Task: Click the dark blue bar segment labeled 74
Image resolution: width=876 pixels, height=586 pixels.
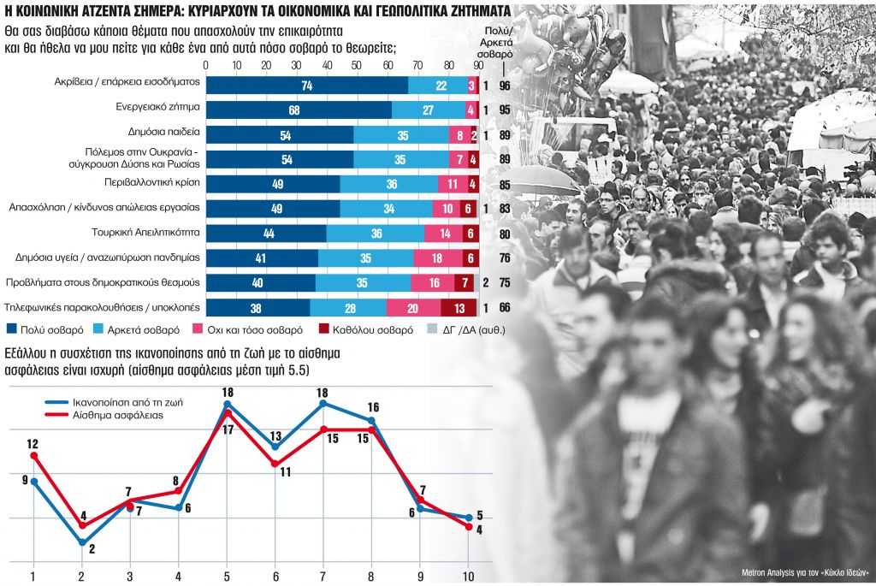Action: tap(306, 86)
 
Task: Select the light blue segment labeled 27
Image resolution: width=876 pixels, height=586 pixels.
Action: tap(429, 110)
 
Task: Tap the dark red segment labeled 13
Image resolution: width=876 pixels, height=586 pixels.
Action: tap(459, 308)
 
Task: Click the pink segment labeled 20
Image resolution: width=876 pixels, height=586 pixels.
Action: tap(413, 308)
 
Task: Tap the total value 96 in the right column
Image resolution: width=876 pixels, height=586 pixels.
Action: tap(505, 86)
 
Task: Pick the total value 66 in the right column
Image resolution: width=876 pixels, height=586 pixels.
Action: tap(505, 308)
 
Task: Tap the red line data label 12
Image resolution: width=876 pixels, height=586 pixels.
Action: tap(33, 443)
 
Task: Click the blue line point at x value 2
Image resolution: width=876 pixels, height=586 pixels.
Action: tap(81, 542)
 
